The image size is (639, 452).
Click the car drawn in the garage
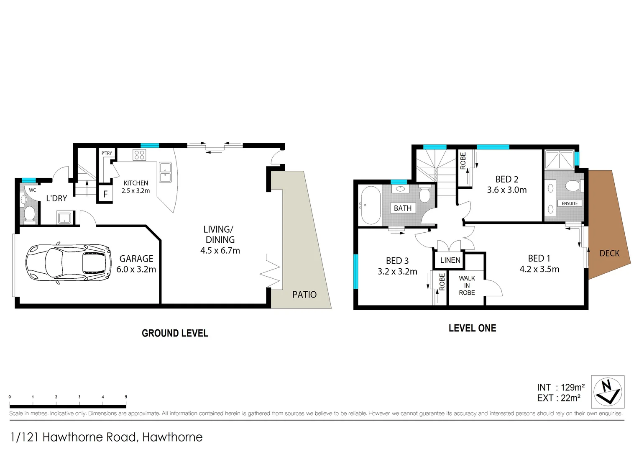click(68, 263)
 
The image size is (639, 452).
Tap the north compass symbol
click(608, 392)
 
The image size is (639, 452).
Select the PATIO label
click(304, 295)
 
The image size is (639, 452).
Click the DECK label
click(609, 253)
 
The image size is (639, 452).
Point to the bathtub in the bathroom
click(371, 205)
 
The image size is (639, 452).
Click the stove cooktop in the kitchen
click(139, 155)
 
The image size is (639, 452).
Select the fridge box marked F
click(105, 194)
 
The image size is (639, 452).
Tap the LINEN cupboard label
click(450, 260)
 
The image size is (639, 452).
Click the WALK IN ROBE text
click(467, 285)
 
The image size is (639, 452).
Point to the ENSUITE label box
click(570, 203)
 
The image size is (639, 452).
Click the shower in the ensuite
click(559, 159)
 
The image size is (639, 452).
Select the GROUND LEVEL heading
click(175, 333)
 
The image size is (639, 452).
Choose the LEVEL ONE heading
click(472, 328)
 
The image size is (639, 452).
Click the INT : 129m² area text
click(560, 388)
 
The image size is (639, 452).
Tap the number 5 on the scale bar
click(126, 397)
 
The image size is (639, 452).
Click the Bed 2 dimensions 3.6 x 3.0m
click(506, 190)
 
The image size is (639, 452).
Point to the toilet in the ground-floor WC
click(29, 213)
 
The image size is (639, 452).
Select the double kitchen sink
click(165, 172)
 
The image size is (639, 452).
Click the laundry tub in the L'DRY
click(65, 218)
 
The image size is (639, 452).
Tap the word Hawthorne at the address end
click(172, 437)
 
